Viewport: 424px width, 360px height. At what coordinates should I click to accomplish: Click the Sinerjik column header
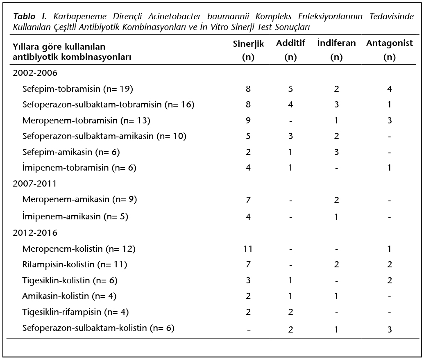[x=248, y=50]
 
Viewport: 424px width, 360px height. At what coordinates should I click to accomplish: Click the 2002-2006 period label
[x=35, y=73]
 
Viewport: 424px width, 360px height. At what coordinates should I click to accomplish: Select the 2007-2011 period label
[x=34, y=184]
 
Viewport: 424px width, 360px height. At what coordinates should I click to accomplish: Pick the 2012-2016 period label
[x=35, y=233]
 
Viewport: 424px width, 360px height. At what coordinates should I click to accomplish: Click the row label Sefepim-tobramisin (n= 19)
[x=77, y=89]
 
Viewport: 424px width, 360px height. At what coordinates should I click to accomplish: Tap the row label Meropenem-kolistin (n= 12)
[x=79, y=249]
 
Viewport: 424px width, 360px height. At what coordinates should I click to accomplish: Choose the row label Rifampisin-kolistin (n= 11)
[x=75, y=264]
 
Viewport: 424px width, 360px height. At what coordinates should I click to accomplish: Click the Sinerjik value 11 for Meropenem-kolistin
[x=248, y=249]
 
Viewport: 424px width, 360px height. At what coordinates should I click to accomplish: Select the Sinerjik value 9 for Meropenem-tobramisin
[x=248, y=121]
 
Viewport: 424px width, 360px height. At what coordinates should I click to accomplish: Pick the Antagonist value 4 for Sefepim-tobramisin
[x=390, y=89]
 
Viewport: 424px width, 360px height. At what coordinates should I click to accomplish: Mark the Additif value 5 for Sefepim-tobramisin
[x=290, y=89]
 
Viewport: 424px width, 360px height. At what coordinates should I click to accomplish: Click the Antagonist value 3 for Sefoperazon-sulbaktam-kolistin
[x=390, y=329]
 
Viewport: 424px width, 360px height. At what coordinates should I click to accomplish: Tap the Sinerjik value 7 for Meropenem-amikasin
[x=248, y=200]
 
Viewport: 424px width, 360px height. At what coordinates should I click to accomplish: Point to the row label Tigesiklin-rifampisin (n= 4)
[x=75, y=312]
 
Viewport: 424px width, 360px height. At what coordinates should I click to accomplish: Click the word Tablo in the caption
[x=24, y=16]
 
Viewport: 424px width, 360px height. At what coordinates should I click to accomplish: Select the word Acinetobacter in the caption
[x=175, y=16]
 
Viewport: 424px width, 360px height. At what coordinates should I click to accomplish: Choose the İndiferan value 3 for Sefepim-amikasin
[x=336, y=152]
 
